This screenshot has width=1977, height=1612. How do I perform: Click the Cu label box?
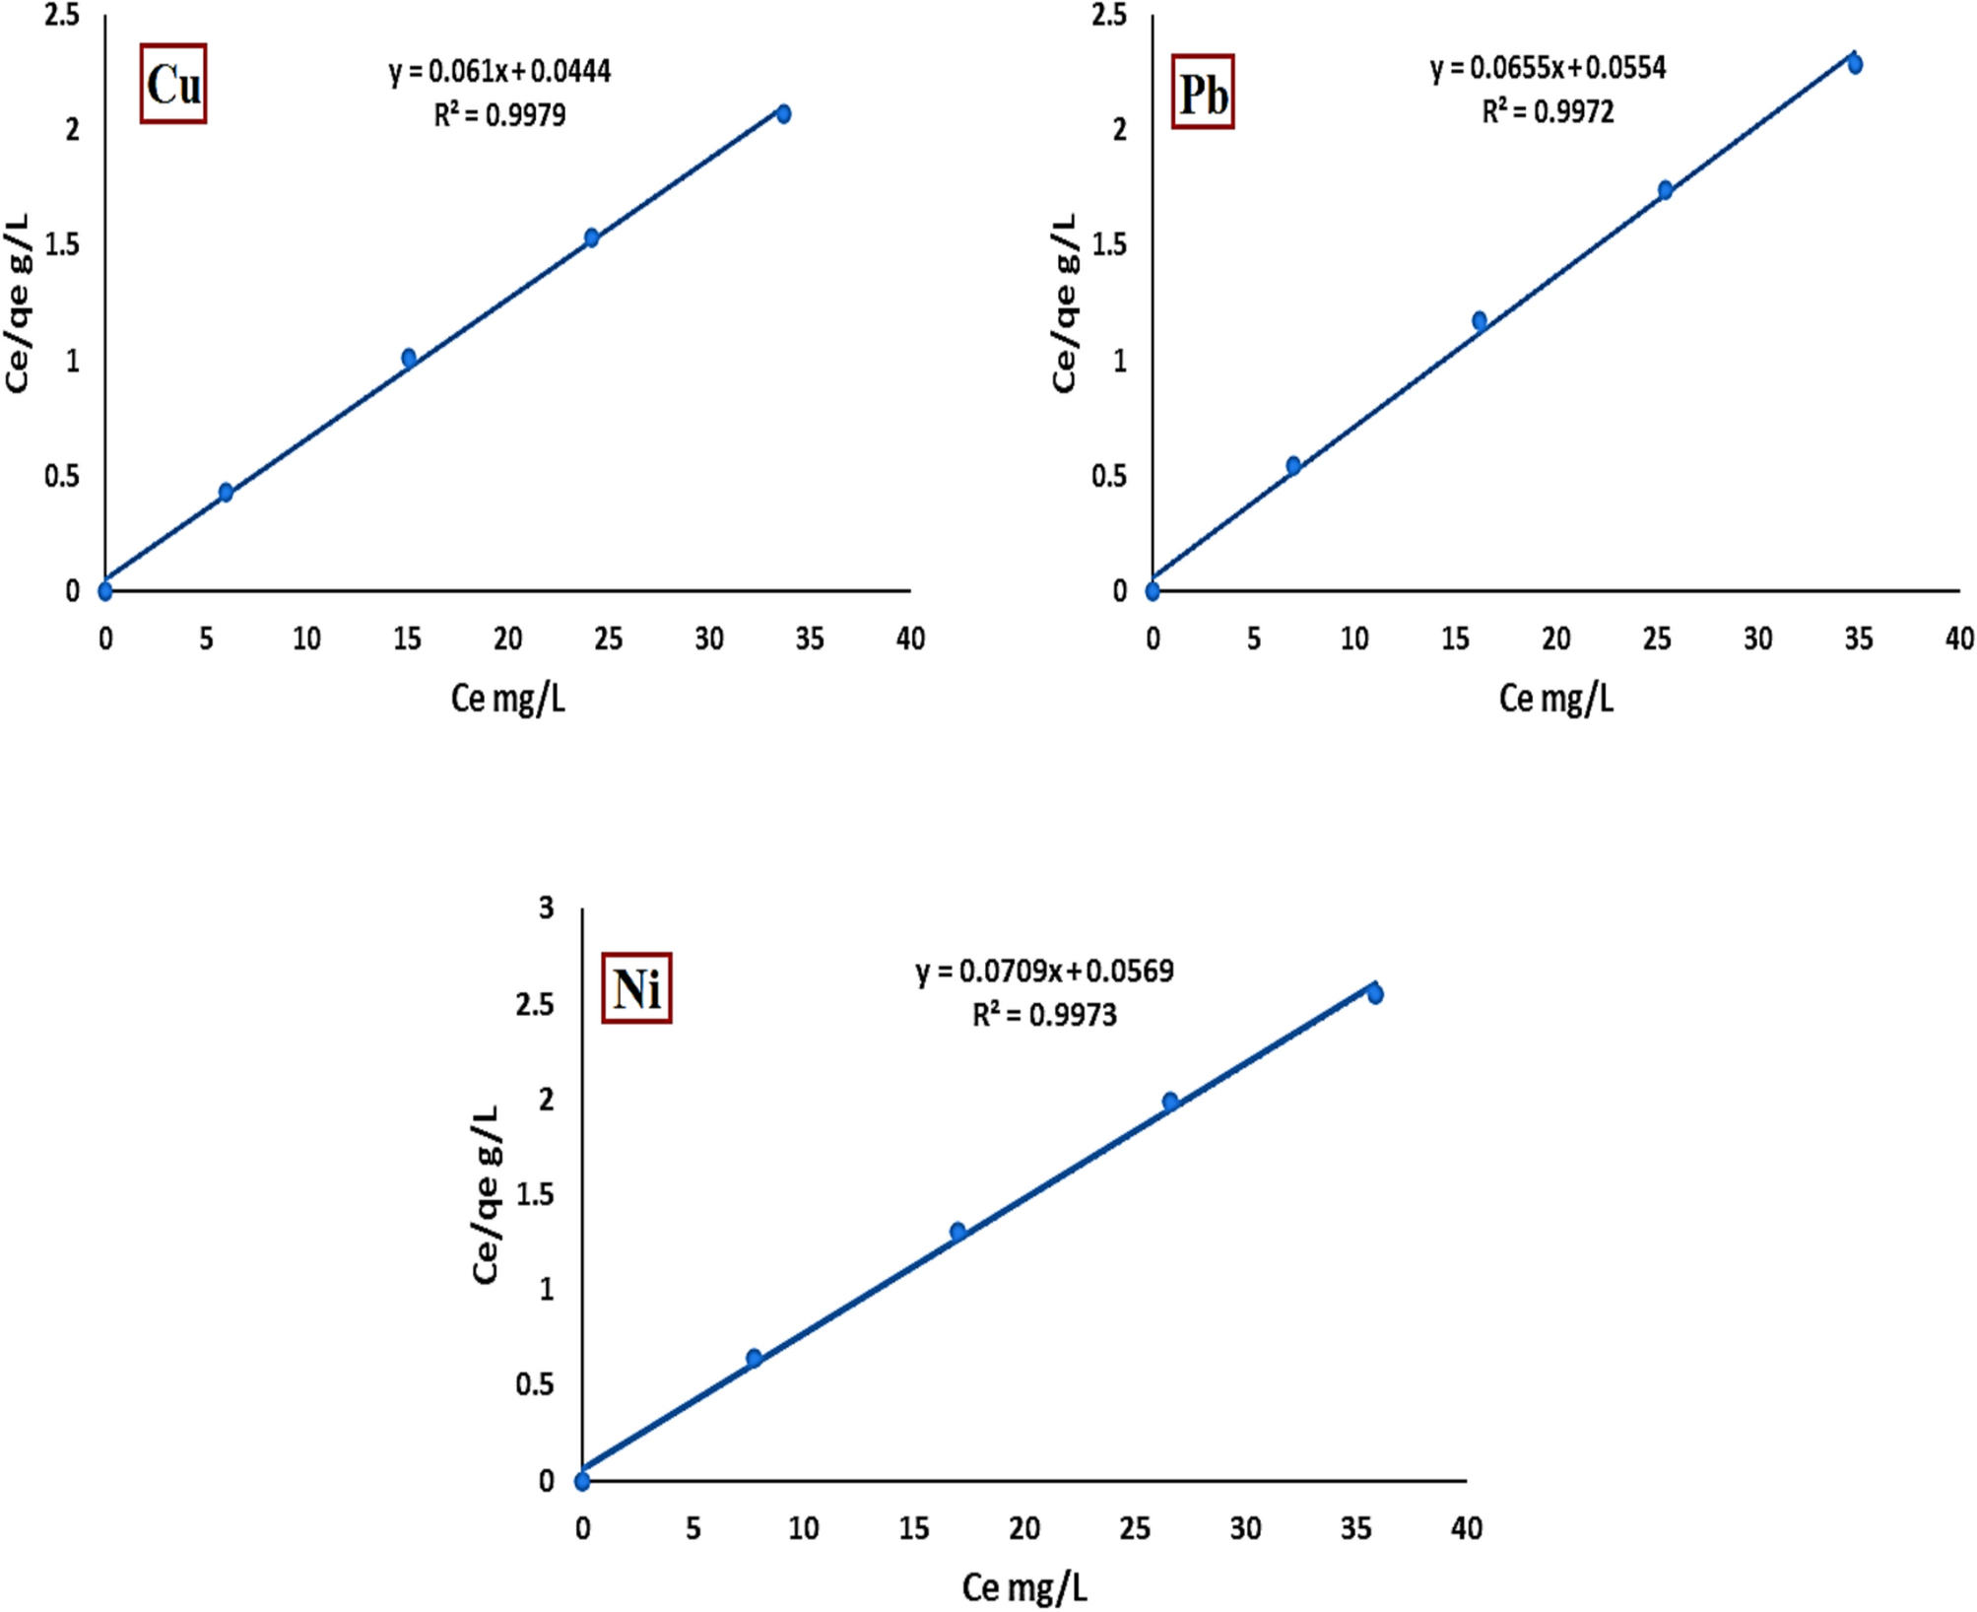point(172,84)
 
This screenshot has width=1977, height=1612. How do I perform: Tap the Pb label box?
point(1202,93)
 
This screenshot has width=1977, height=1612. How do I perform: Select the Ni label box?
point(636,988)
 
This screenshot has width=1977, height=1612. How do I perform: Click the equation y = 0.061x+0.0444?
point(499,71)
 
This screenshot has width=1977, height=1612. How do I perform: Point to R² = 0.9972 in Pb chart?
point(1548,111)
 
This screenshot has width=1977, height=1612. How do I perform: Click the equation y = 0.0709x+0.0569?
point(1044,972)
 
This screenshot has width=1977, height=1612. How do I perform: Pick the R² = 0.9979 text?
point(499,115)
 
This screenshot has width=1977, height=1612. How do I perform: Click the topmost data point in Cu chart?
point(783,114)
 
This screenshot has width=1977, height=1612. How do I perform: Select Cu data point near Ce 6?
point(226,492)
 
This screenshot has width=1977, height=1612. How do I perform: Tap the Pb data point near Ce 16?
point(1479,321)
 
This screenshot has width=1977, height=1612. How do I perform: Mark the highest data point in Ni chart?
point(1375,994)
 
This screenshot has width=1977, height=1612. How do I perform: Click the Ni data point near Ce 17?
point(957,1232)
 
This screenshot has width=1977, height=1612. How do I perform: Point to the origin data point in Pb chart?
point(1153,591)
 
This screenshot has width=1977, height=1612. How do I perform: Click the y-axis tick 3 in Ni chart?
point(547,907)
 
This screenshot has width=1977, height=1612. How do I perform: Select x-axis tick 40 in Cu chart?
point(910,639)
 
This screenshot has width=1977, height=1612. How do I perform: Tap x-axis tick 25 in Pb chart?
point(1657,639)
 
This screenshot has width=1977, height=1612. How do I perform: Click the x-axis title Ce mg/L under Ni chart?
point(1024,1587)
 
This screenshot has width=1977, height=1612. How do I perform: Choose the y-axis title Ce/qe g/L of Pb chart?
point(1064,303)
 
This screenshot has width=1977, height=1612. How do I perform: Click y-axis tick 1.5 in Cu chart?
point(62,244)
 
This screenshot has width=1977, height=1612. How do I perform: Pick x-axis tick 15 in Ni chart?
point(913,1528)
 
